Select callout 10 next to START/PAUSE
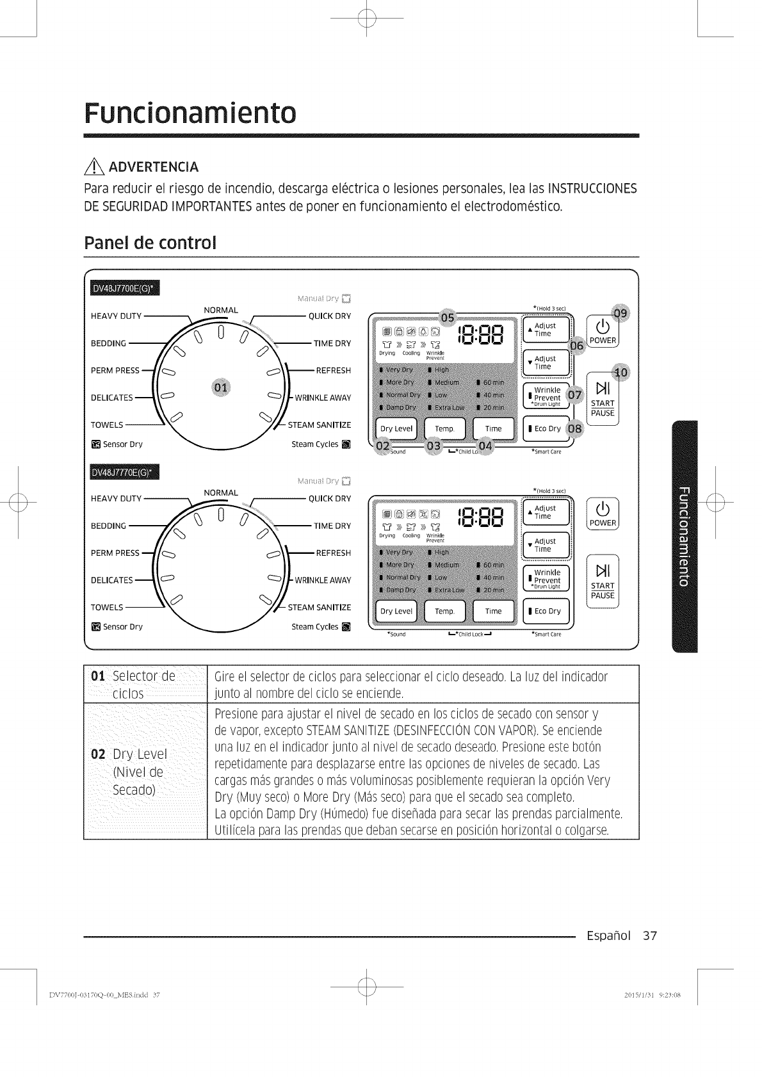[x=620, y=373]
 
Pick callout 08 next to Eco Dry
[x=574, y=428]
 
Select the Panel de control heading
[x=150, y=243]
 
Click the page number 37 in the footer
[x=650, y=936]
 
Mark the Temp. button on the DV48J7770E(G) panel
[x=444, y=611]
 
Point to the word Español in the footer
[x=608, y=936]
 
